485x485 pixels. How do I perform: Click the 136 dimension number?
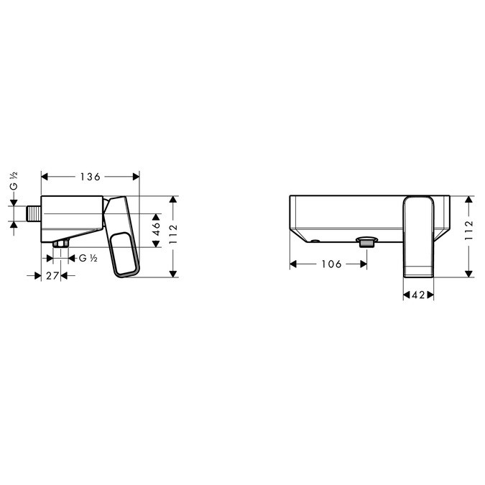pos(91,177)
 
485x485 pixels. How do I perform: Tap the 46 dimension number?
pos(156,229)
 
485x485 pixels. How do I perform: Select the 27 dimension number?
pos(52,276)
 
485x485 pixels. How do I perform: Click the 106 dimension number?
pos(331,264)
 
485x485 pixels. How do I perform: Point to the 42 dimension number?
pos(418,295)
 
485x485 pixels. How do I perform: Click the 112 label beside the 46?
pos(173,234)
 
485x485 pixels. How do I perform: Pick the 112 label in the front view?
pos(469,230)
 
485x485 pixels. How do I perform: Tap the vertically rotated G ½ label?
pos(14,181)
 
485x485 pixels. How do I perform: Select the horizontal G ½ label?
pos(88,258)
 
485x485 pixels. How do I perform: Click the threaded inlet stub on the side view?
pos(34,213)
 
